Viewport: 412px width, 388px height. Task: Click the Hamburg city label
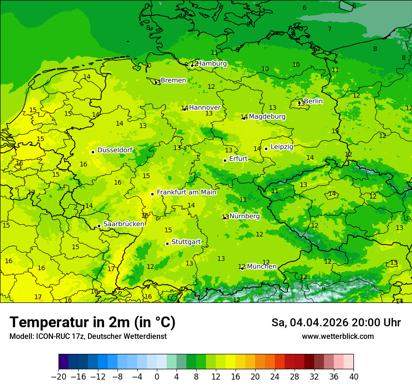[212, 64]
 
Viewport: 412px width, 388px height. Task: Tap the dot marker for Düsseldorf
[93, 152]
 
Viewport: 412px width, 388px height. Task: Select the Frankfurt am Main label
[186, 192]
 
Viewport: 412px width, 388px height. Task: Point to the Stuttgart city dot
[167, 244]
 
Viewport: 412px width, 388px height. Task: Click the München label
[261, 266]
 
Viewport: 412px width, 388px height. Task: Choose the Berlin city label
[313, 101]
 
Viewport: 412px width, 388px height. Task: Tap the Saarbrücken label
[124, 224]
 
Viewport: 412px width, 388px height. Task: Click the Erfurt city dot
[225, 160]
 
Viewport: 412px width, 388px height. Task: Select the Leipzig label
[282, 147]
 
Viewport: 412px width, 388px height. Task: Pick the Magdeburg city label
[267, 116]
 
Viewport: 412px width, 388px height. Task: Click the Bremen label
[173, 80]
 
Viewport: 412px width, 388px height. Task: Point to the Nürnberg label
[244, 216]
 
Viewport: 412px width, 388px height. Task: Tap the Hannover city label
[205, 108]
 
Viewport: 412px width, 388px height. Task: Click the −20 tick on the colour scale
[59, 377]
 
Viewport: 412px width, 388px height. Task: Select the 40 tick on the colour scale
[353, 377]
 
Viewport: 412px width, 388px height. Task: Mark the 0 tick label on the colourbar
[157, 377]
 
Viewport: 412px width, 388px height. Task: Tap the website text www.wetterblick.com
[338, 337]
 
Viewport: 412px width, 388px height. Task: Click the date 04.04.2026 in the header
[315, 323]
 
